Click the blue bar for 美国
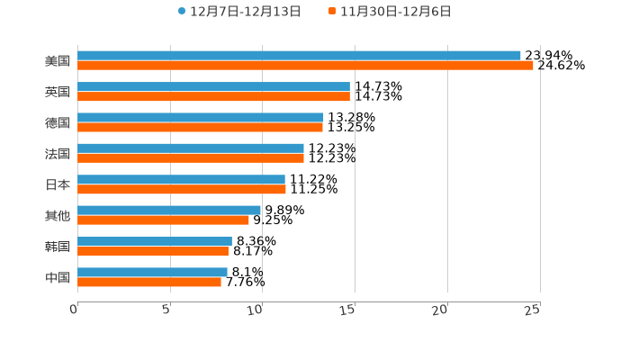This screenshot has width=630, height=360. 299,56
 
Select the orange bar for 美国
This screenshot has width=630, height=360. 305,66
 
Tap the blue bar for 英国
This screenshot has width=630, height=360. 213,86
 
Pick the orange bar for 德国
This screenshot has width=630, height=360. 200,127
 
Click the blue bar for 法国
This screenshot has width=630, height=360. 191,148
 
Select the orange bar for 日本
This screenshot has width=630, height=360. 182,189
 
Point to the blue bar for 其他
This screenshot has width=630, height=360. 169,210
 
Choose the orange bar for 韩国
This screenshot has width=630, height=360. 153,251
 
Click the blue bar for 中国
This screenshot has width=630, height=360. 152,272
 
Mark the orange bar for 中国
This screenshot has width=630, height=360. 149,282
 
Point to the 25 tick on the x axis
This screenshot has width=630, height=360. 533,310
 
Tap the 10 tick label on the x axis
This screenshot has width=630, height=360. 256,310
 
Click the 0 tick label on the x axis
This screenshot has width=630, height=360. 74,310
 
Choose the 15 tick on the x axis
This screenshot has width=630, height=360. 348,310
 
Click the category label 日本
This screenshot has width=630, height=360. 58,184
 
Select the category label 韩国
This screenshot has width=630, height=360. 58,247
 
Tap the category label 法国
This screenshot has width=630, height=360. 58,154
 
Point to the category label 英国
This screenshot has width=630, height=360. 58,92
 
